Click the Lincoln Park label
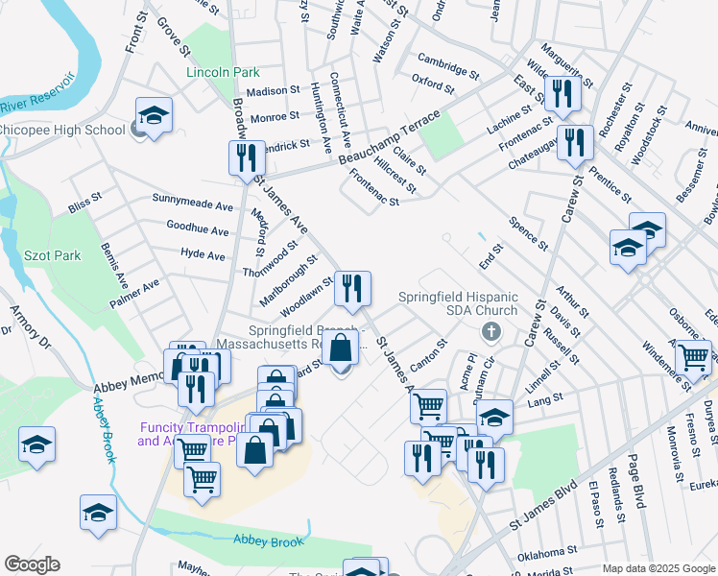223,72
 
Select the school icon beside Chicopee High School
154,117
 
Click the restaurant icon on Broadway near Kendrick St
247,156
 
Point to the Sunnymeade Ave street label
193,205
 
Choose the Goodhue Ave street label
197,230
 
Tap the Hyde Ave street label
202,255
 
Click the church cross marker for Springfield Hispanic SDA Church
491,332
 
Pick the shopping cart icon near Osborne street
693,357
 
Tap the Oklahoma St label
548,554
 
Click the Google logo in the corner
31,564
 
